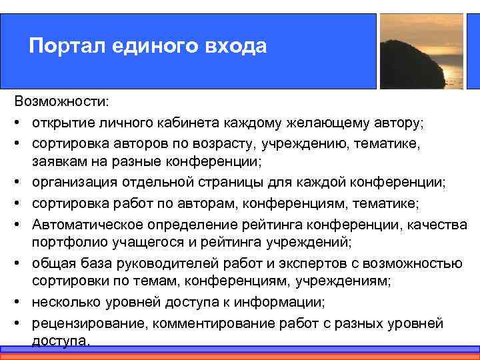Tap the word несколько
click(x=67, y=303)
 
